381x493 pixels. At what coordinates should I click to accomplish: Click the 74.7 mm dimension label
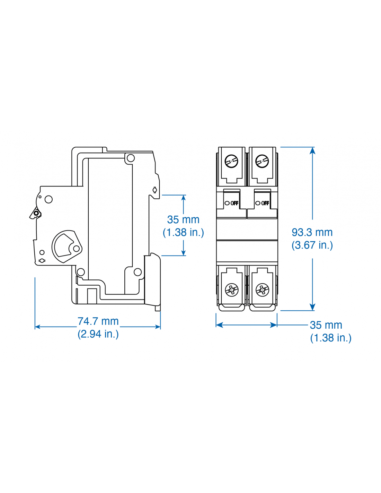coord(98,321)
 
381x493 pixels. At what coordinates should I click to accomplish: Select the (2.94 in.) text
coord(98,334)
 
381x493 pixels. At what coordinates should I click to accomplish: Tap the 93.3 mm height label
coord(312,232)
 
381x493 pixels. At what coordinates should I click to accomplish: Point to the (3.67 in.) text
coord(312,245)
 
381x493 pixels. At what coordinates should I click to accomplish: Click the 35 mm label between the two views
coord(183,219)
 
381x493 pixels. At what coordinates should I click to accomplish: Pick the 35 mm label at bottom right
coord(326,325)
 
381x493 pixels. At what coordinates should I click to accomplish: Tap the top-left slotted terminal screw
coord(231,161)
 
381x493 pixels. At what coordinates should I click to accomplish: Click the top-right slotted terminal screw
coord(262,161)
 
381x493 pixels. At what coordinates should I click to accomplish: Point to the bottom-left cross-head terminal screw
coord(232,289)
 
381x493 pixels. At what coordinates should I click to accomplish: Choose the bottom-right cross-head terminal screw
coord(262,289)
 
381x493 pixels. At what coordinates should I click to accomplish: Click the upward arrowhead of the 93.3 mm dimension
coord(312,150)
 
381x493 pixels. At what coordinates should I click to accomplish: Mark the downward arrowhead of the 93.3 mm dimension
coord(312,308)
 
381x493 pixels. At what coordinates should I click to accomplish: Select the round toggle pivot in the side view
coord(67,247)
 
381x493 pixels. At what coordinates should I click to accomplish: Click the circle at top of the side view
coord(131,158)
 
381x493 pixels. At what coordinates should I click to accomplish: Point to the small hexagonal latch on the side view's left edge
coord(36,213)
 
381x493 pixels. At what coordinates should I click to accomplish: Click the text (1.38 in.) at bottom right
coord(331,338)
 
